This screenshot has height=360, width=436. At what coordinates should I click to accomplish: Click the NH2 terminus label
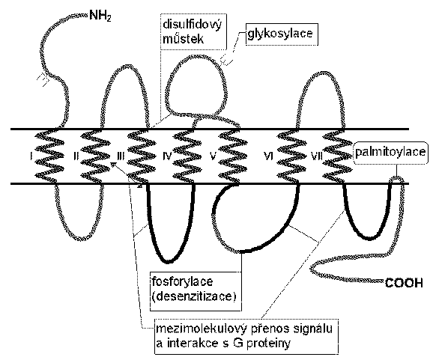point(100,16)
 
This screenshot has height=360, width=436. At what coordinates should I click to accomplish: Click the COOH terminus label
point(404,283)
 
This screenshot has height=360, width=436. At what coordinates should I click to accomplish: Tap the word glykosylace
point(280,34)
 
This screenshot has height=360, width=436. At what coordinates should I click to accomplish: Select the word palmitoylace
point(390,152)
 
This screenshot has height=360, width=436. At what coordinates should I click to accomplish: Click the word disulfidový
point(192,25)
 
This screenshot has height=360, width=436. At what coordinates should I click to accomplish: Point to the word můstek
point(184,39)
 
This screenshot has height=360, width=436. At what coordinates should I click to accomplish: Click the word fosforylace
point(182,281)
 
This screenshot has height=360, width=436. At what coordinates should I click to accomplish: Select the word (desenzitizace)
point(194,296)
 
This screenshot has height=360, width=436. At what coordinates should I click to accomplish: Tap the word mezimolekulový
point(202,329)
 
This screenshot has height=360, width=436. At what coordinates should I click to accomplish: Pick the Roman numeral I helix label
point(31,156)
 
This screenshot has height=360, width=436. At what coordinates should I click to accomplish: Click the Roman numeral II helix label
point(76,156)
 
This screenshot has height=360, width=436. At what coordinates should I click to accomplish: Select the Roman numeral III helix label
point(121,156)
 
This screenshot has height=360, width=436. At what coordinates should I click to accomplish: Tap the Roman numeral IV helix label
point(167,156)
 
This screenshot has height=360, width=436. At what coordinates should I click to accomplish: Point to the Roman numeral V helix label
point(213,156)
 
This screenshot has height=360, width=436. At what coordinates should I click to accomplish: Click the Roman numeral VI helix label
point(268,156)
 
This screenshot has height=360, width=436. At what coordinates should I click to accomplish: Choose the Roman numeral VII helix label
point(316,156)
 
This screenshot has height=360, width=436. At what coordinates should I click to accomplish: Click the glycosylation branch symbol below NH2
point(43,79)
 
